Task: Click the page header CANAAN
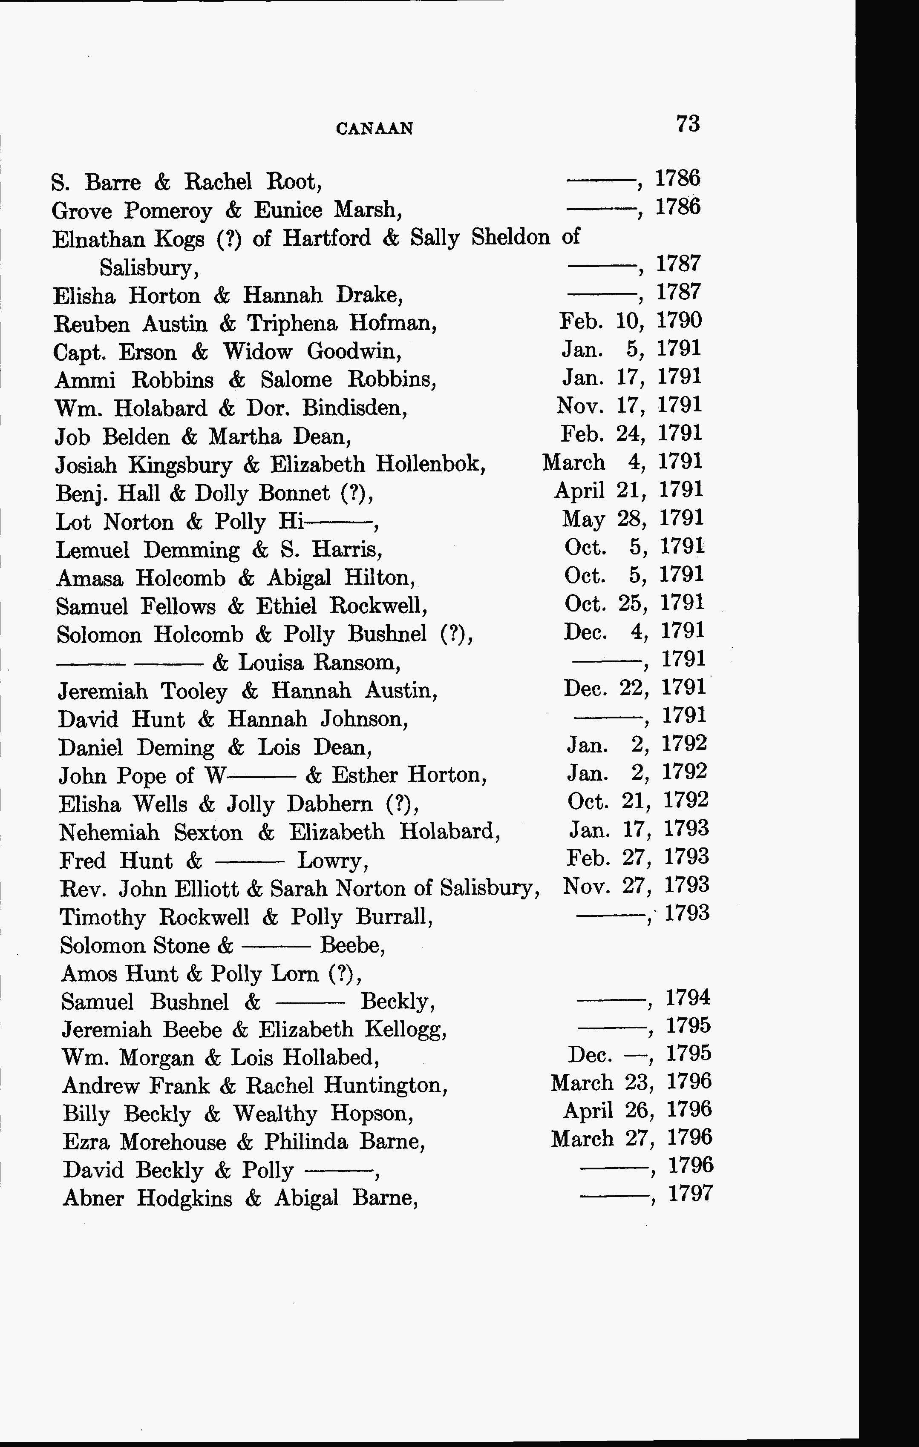[375, 129]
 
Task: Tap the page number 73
[688, 124]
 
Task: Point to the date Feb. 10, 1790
[630, 321]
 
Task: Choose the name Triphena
[292, 324]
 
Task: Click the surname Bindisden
[354, 409]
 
